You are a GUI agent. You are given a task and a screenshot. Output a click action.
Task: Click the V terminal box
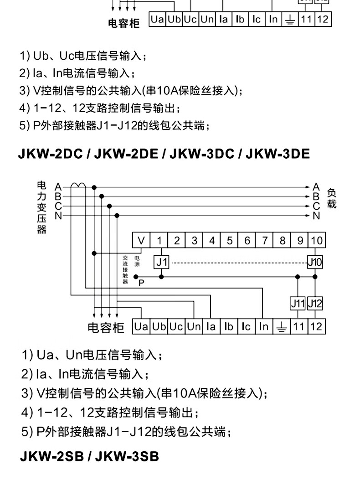142,240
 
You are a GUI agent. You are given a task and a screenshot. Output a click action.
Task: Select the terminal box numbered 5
230,240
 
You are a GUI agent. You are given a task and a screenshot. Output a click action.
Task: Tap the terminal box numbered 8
282,240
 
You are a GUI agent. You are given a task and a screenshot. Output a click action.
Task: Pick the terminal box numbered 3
195,240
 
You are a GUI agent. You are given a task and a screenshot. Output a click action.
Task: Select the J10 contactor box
315,262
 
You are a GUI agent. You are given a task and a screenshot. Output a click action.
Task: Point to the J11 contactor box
298,303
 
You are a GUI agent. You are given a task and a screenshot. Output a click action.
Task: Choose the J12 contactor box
315,303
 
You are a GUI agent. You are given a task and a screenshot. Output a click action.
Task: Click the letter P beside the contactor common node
141,283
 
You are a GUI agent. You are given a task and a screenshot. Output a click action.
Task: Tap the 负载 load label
332,199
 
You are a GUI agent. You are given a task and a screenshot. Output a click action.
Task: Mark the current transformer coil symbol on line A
77,186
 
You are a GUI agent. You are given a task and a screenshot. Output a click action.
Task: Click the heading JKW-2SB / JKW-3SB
89,456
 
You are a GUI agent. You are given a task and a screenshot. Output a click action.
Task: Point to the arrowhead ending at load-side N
309,216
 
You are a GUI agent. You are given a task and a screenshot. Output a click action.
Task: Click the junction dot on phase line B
102,196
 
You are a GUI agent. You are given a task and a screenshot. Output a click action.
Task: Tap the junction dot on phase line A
94,187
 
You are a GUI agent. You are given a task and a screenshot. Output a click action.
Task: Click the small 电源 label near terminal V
137,261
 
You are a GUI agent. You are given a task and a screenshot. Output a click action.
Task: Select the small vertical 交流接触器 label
125,269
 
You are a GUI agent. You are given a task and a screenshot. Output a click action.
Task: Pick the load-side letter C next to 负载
316,206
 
